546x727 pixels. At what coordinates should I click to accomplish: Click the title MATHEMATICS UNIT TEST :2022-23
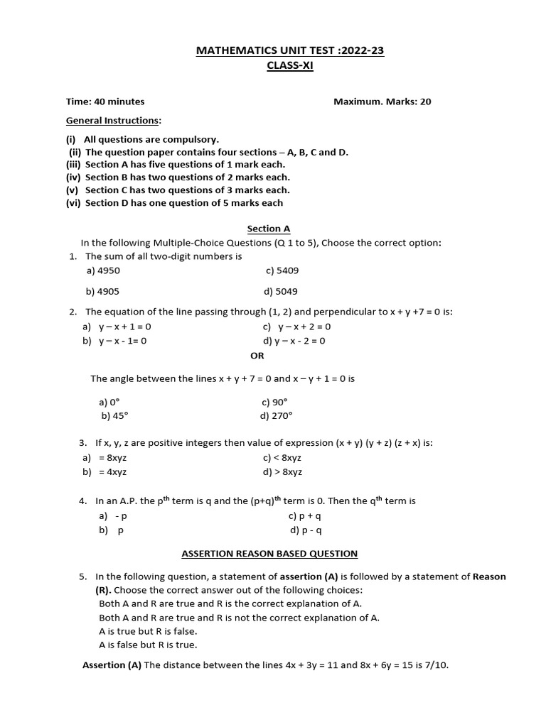pyautogui.click(x=284, y=50)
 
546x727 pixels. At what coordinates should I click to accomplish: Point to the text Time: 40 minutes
pyautogui.click(x=105, y=102)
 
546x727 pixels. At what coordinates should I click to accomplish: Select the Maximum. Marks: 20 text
pyautogui.click(x=382, y=102)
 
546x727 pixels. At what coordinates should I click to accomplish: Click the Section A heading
pyautogui.click(x=269, y=229)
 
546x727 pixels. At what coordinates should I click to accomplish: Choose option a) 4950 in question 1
pyautogui.click(x=98, y=270)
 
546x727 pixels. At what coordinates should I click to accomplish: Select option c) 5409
pyautogui.click(x=282, y=270)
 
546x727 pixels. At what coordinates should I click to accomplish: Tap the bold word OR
pyautogui.click(x=257, y=356)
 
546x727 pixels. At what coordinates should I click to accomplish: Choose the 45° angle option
pyautogui.click(x=114, y=416)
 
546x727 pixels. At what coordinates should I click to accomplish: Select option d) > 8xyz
pyautogui.click(x=282, y=471)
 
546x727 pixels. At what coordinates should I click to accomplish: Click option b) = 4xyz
pyautogui.click(x=105, y=471)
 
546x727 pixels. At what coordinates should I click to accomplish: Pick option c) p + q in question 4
pyautogui.click(x=305, y=516)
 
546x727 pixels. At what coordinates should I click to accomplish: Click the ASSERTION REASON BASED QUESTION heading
pyautogui.click(x=269, y=553)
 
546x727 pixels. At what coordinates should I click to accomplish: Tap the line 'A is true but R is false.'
pyautogui.click(x=148, y=631)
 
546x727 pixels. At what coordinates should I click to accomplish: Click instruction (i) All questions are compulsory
pyautogui.click(x=143, y=139)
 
